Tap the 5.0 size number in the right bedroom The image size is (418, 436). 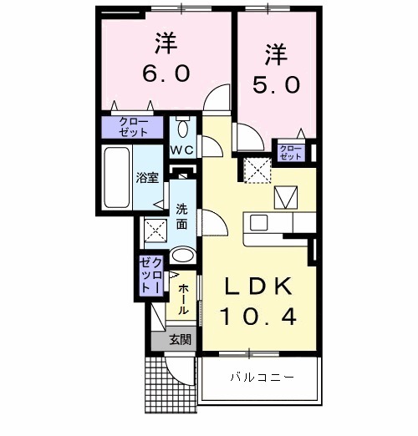tap(277, 84)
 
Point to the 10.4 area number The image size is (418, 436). tap(257, 317)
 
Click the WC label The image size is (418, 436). tap(182, 150)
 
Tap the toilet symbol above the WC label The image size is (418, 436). tap(183, 129)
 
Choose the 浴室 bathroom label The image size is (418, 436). tap(147, 178)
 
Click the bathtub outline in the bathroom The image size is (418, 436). tap(115, 177)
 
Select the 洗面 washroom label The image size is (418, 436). tap(182, 215)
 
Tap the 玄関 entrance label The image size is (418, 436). tap(179, 340)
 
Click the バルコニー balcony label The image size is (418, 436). tap(262, 378)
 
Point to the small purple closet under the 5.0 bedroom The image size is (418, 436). tap(290, 151)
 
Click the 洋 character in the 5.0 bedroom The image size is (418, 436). tap(277, 53)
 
